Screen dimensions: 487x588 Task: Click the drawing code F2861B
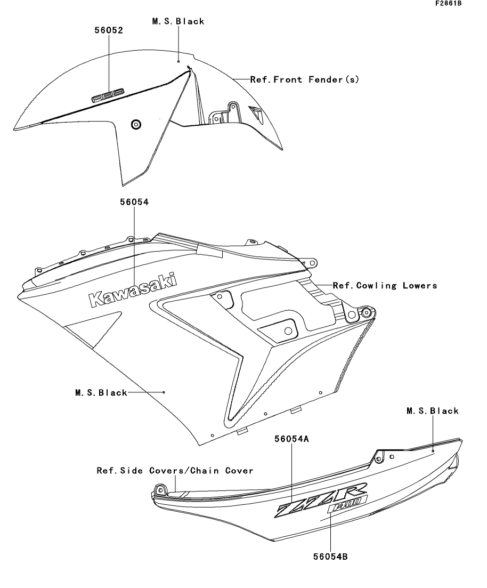[x=449, y=3]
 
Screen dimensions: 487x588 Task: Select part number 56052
[x=109, y=30]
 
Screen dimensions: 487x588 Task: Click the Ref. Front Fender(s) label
[x=304, y=79]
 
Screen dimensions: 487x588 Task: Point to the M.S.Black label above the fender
[x=178, y=21]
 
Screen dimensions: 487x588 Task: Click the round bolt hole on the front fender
[x=136, y=124]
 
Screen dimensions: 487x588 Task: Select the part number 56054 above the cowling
[x=134, y=202]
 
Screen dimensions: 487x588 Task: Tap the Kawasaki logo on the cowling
[x=132, y=290]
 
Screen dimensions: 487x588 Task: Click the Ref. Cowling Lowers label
[x=385, y=286]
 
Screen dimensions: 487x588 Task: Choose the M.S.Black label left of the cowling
[x=101, y=393]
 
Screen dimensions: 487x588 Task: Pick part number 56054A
[x=291, y=439]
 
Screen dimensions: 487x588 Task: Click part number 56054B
[x=331, y=557]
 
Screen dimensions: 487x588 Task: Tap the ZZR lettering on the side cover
[x=322, y=500]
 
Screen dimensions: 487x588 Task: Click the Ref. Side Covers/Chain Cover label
[x=175, y=471]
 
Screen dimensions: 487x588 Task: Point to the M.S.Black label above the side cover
[x=433, y=411]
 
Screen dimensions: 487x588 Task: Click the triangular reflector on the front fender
[x=257, y=113]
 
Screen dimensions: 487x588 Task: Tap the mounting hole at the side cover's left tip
[x=160, y=490]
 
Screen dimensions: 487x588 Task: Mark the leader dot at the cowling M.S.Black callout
[x=164, y=392]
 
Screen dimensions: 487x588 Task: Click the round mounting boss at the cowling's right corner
[x=366, y=312]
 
